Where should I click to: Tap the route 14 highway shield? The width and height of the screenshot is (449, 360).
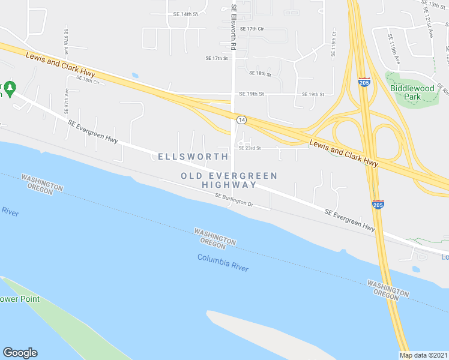point(240,120)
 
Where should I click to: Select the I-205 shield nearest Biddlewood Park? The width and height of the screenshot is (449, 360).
point(364,82)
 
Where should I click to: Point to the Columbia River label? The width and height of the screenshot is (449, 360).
point(223,263)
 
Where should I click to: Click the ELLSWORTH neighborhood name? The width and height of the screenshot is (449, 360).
point(193,157)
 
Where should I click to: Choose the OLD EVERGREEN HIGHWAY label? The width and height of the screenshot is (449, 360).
point(229,180)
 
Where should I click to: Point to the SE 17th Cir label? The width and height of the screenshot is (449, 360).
point(252,29)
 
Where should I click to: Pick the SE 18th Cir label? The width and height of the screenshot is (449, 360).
point(87,80)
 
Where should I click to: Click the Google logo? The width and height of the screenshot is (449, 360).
point(20,353)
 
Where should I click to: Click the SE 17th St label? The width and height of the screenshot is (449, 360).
point(216,58)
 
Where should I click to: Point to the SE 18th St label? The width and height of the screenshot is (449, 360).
point(261,73)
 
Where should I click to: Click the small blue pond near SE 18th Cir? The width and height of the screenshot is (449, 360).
point(134,76)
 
